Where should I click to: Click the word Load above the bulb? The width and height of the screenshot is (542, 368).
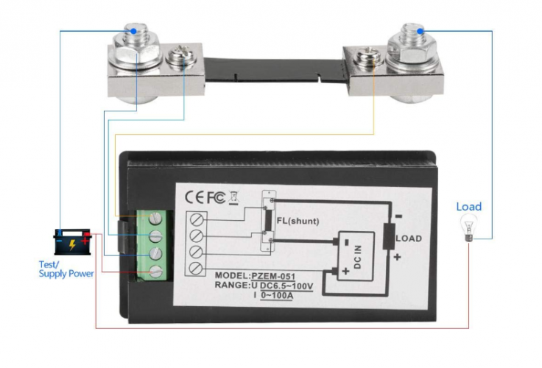[x=468, y=207]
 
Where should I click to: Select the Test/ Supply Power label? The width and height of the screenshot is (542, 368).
[x=66, y=269]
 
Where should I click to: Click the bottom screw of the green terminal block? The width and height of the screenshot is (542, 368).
[x=156, y=272]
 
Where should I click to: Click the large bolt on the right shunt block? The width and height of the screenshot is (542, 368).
[x=409, y=40]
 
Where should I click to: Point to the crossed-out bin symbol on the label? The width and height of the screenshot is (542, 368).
[x=234, y=197]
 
